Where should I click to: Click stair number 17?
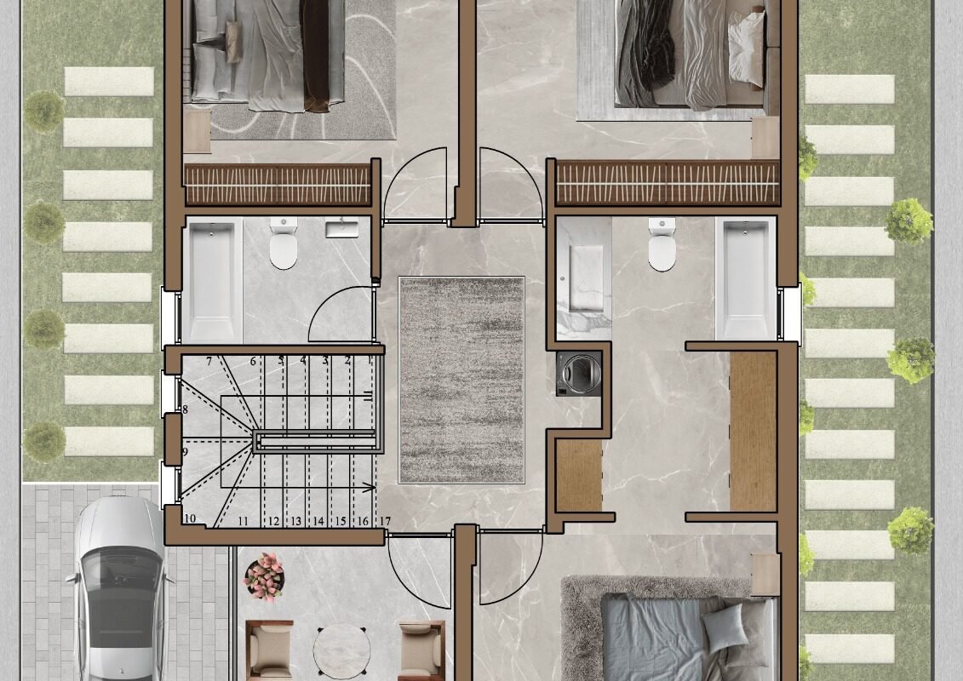385,521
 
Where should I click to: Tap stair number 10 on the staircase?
190,518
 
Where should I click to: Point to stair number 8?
185,409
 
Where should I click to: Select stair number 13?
296,521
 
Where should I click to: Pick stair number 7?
209,361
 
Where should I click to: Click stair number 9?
185,452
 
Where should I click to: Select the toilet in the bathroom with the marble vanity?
662,244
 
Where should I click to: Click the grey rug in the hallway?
461,380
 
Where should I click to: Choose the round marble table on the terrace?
342,651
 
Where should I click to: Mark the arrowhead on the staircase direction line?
370,488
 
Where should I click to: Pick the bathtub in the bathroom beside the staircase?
212,280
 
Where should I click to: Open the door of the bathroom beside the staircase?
340,314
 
